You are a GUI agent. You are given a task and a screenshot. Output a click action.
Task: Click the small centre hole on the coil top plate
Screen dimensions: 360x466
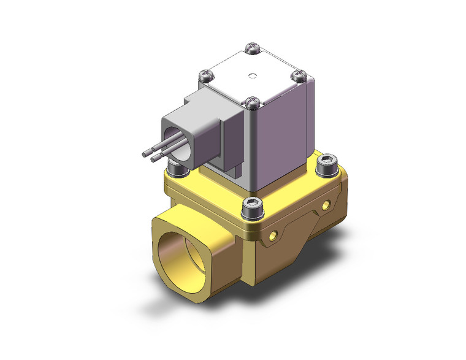(x=252, y=77)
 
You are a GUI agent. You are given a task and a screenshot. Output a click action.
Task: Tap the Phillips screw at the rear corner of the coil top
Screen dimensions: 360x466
(x=251, y=47)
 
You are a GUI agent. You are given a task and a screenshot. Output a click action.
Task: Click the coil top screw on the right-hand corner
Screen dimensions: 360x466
(x=298, y=76)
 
